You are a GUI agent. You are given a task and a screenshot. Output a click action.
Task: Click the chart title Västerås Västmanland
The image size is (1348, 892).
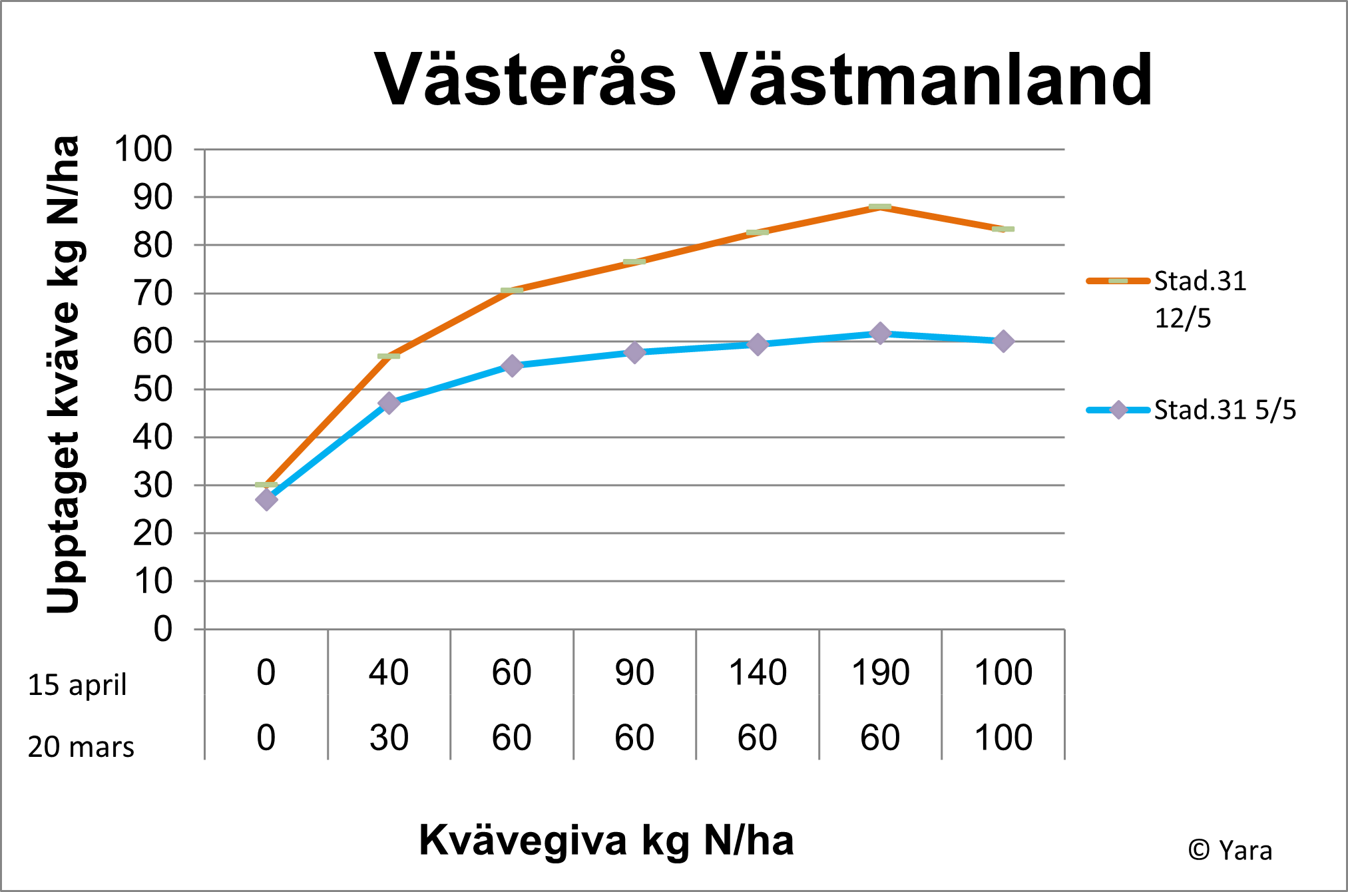(763, 80)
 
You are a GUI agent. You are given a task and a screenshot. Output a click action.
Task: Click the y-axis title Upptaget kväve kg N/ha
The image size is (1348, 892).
(64, 374)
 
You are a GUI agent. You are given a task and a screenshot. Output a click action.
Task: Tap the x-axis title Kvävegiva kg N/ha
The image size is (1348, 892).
(606, 840)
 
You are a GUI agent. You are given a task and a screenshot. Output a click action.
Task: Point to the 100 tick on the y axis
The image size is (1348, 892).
(143, 149)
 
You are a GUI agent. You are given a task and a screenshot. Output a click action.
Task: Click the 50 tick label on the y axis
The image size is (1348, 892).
(152, 389)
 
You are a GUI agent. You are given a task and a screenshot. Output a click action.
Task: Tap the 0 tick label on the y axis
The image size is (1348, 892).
(163, 629)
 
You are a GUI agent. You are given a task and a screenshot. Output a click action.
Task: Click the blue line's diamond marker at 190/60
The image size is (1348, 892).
(880, 334)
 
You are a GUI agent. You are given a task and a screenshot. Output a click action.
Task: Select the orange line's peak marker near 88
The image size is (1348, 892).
(880, 206)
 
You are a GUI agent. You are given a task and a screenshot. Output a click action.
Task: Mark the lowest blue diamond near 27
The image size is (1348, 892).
(266, 499)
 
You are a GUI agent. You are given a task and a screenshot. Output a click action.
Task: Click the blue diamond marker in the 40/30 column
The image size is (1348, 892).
(389, 403)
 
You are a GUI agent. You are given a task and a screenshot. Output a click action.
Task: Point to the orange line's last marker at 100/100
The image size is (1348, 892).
(1003, 229)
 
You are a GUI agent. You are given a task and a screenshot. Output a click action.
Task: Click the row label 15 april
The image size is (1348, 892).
(77, 685)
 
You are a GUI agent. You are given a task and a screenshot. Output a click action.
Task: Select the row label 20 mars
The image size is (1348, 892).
(81, 747)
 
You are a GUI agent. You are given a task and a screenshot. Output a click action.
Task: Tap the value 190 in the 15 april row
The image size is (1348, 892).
(880, 672)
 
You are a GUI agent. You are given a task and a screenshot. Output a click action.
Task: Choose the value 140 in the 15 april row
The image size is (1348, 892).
(758, 672)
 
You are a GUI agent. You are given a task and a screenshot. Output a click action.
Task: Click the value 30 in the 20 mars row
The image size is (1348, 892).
(389, 738)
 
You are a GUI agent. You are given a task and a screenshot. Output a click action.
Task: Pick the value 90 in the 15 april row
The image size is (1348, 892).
(634, 672)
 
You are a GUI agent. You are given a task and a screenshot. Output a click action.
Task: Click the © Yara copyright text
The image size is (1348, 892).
(1230, 850)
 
